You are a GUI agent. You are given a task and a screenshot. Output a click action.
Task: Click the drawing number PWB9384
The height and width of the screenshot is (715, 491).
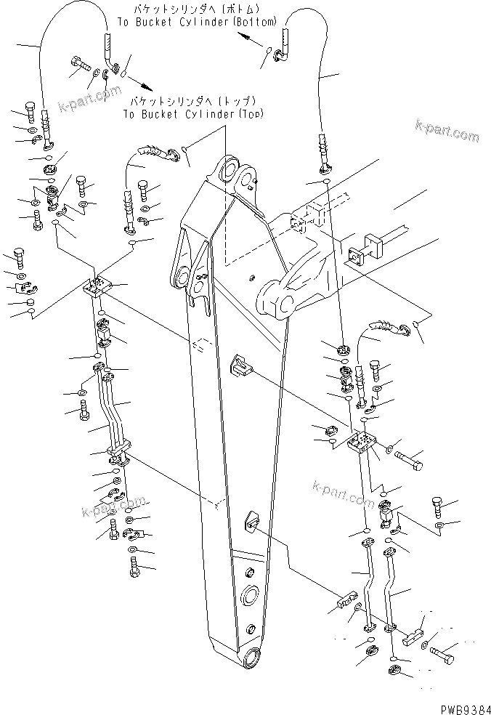pos(460,706)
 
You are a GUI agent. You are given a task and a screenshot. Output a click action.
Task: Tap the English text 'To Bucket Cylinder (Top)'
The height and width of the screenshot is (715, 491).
pos(192,114)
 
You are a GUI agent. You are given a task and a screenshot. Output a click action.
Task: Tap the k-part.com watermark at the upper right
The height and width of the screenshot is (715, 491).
pos(447,132)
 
